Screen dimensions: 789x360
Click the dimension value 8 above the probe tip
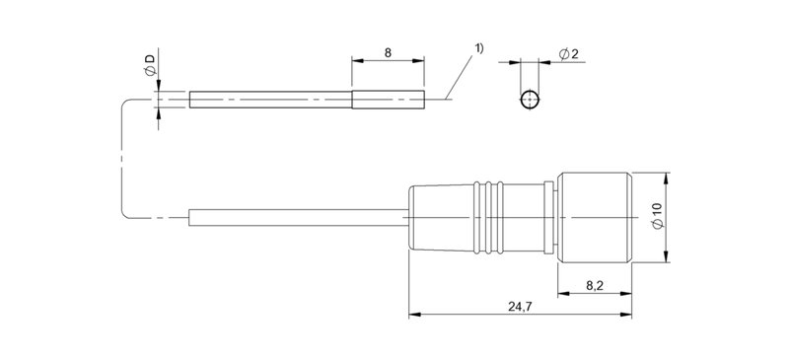tap(388, 52)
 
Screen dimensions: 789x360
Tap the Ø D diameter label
tap(151, 65)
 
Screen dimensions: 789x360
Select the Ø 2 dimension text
tap(569, 54)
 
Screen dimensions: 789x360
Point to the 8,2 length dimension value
tap(595, 286)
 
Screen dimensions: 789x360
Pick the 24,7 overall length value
tap(520, 307)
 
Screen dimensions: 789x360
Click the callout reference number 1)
tap(478, 48)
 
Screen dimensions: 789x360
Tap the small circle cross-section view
tap(530, 100)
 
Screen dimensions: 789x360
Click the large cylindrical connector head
tap(595, 218)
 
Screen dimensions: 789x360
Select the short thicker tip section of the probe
tap(388, 100)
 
